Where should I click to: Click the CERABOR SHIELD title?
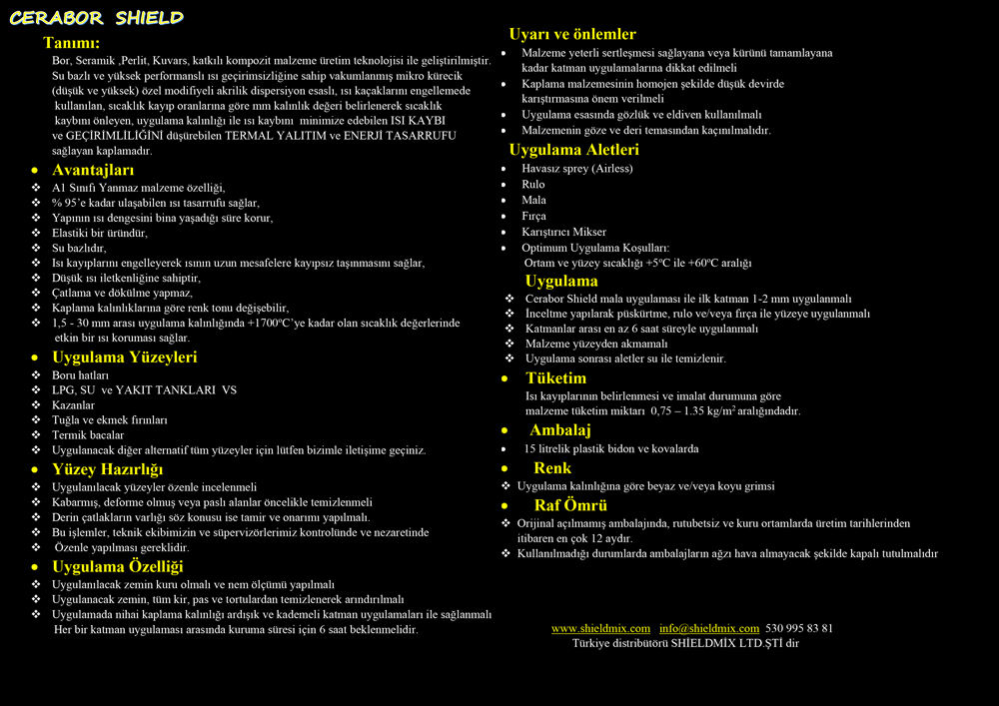tap(97, 18)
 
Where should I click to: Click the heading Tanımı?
tap(71, 43)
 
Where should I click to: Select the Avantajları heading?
tap(93, 170)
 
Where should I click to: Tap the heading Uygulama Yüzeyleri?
tap(124, 356)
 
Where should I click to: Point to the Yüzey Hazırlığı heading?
tap(107, 469)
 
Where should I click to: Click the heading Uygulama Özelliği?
tap(117, 567)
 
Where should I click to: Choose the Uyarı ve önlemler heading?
tap(572, 34)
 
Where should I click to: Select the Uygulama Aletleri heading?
tap(573, 150)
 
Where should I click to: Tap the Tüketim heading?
tap(555, 378)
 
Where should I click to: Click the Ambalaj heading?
tap(559, 430)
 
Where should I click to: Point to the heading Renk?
tap(552, 467)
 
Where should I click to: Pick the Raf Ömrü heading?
tap(570, 505)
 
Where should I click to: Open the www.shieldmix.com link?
tap(600, 628)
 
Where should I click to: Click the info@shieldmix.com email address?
tap(709, 628)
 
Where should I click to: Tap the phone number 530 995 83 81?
tap(799, 628)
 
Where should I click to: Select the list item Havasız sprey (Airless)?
tap(576, 169)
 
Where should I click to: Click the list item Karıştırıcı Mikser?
tap(563, 232)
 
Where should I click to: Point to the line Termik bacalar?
tap(88, 435)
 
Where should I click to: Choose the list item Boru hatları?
tap(80, 375)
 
